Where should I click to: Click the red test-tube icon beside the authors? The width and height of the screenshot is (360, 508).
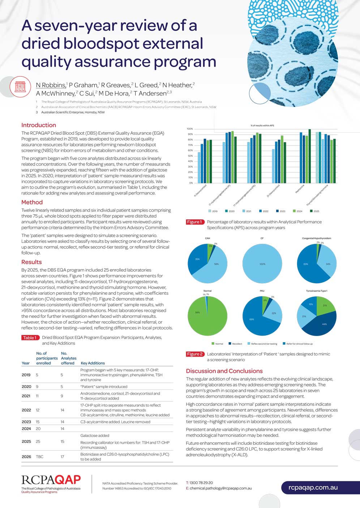(x=20, y=87)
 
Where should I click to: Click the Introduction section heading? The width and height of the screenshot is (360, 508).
(x=39, y=125)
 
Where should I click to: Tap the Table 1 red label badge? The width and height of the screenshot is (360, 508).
(x=30, y=337)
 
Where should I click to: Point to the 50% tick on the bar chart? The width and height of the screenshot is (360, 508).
(x=190, y=156)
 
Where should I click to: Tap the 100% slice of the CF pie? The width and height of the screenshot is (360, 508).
(x=262, y=264)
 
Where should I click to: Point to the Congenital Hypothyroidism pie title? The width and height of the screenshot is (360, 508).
(x=317, y=238)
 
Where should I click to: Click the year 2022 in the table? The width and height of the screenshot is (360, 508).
(x=26, y=410)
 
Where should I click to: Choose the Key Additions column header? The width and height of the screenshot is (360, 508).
(x=93, y=363)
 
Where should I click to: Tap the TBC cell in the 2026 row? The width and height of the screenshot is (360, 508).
(x=40, y=457)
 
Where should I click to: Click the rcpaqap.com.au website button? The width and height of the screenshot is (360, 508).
(x=313, y=487)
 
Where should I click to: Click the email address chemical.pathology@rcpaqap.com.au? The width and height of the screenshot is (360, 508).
(x=220, y=488)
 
